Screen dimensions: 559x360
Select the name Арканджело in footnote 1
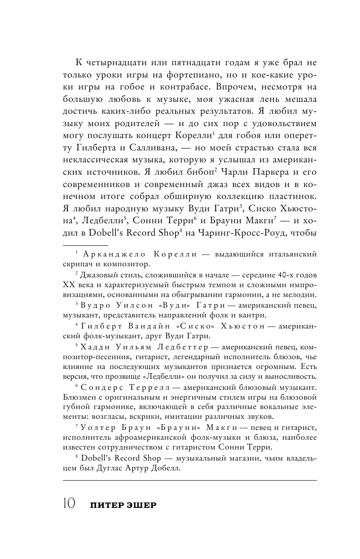pos(110,255)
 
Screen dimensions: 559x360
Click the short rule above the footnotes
pos(85,245)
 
